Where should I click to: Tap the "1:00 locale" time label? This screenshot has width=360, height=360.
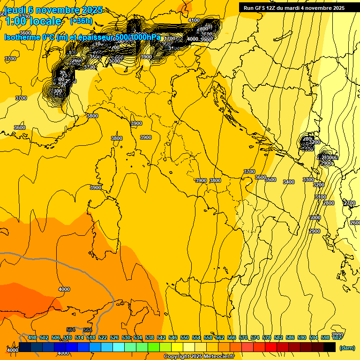(33, 21)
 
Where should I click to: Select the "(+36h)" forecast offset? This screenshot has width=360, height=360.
(81, 21)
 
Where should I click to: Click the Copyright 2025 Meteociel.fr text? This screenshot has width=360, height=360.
(199, 356)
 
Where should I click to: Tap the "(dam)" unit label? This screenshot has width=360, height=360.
(347, 347)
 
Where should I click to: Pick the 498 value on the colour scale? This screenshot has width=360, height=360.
(32, 337)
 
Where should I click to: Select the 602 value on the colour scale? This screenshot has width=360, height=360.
(337, 337)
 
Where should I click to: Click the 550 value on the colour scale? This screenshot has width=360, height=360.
(185, 337)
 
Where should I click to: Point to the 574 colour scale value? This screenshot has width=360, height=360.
(255, 337)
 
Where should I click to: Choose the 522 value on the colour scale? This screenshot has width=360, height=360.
(103, 337)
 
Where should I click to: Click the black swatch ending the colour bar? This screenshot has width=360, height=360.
(330, 347)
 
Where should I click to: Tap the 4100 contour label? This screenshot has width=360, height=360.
(194, 20)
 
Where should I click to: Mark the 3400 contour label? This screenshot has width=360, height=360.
(289, 182)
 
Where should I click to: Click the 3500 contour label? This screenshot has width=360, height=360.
(270, 180)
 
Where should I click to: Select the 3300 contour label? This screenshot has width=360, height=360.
(308, 180)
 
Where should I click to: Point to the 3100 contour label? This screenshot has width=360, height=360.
(320, 197)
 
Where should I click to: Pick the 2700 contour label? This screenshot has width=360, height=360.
(349, 203)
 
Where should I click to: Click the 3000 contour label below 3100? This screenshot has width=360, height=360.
(315, 217)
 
